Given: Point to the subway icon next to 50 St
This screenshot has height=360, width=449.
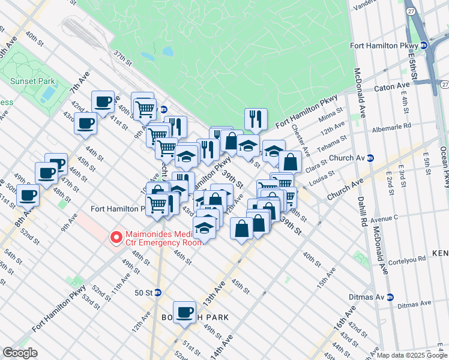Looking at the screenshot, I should tap(158, 292).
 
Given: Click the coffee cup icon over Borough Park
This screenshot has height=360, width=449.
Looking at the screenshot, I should tap(184, 311).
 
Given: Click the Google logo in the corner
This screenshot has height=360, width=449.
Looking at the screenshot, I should tap(20, 352).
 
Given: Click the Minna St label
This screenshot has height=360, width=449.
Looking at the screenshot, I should tap(331, 113).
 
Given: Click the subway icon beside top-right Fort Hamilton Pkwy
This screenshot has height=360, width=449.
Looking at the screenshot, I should tap(423, 45).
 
